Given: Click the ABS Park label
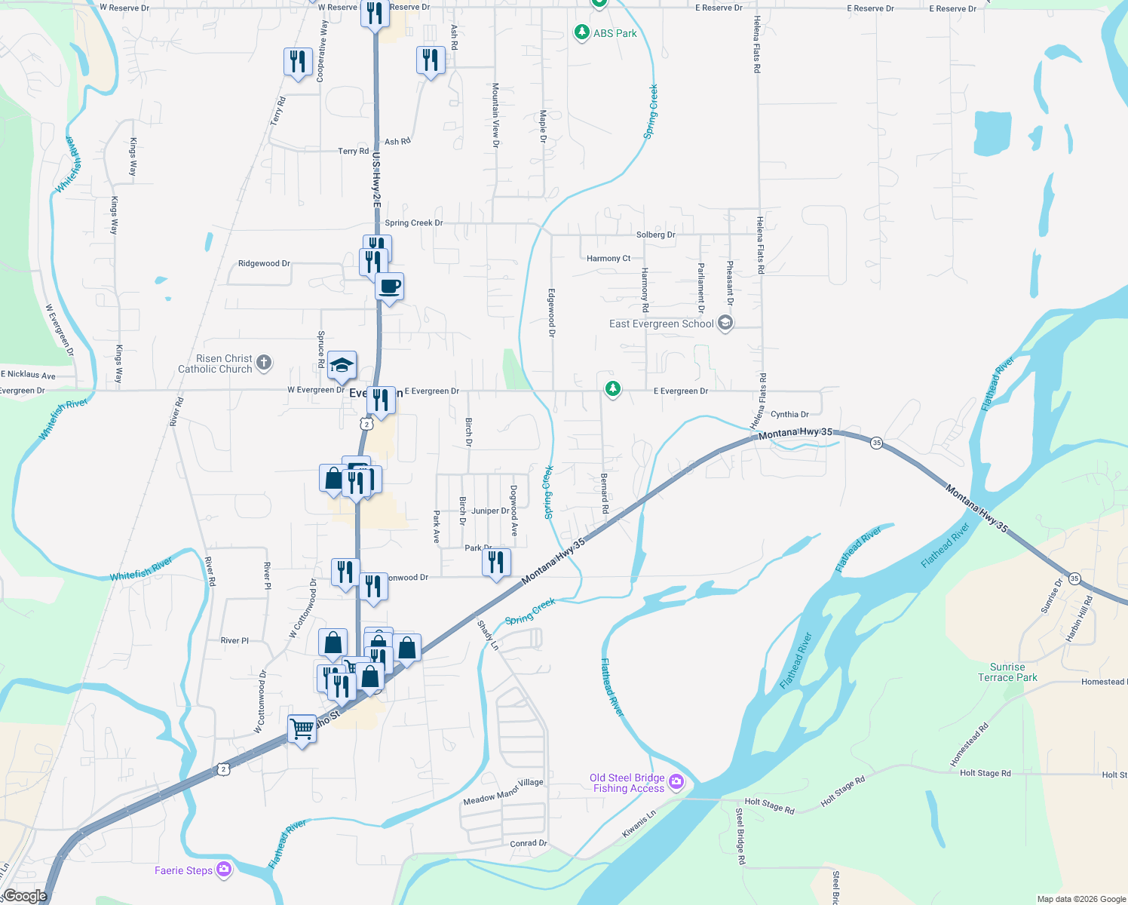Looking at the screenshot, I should point(615,33).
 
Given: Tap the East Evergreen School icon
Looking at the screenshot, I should point(725,324).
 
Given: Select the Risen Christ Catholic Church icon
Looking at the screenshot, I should point(264,363).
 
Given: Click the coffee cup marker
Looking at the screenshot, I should point(389,287).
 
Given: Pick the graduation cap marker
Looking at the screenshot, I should point(342,366).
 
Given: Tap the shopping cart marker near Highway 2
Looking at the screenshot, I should point(302,729).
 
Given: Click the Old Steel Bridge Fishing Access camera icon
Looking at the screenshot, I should point(676,782).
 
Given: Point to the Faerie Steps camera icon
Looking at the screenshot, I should point(224,870).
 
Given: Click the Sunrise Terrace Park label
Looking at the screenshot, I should point(1007,672).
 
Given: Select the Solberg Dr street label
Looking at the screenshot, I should point(655,235).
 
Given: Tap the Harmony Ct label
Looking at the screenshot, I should point(608,259).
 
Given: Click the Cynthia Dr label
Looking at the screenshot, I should point(789,414).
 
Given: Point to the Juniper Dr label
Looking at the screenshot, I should point(490,511).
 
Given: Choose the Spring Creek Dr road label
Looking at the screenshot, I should point(413,223).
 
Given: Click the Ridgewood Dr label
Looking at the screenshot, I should point(264,264).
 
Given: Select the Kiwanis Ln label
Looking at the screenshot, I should point(639,824).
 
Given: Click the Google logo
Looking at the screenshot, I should point(25,896).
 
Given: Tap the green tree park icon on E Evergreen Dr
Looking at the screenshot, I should point(613,389).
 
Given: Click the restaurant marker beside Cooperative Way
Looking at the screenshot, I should point(298,62).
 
